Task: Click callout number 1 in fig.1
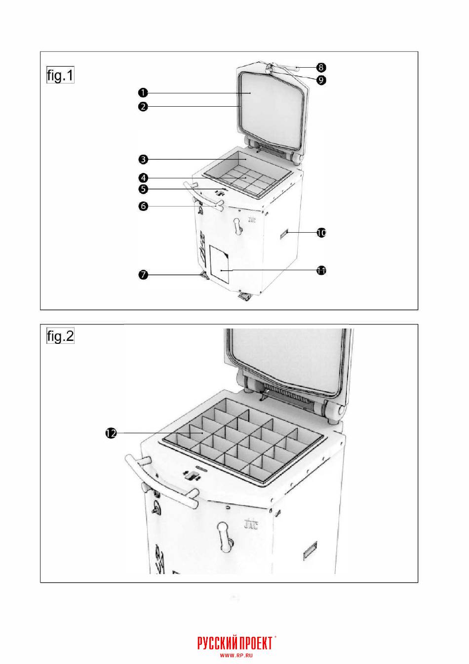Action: pyautogui.click(x=143, y=93)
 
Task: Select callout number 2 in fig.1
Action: pyautogui.click(x=143, y=106)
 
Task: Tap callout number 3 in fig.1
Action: pyautogui.click(x=143, y=160)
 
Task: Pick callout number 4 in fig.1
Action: pyautogui.click(x=143, y=178)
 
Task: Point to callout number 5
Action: pyautogui.click(x=143, y=189)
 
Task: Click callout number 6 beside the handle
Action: pyautogui.click(x=143, y=206)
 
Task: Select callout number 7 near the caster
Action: pyautogui.click(x=143, y=275)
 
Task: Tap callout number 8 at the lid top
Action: pyautogui.click(x=321, y=68)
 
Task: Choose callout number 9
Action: pyautogui.click(x=321, y=80)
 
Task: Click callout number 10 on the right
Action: pyautogui.click(x=321, y=233)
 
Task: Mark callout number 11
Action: pyautogui.click(x=321, y=270)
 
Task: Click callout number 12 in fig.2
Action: pyautogui.click(x=111, y=433)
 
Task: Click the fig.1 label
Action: pyautogui.click(x=60, y=75)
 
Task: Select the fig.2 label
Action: pyautogui.click(x=60, y=336)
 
